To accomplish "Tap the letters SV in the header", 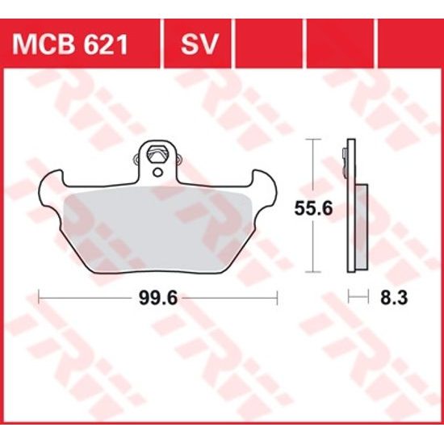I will click(x=197, y=43).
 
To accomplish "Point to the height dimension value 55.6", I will click(x=312, y=208).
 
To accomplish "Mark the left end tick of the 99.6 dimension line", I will click(x=40, y=297).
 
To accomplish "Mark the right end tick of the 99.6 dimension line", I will click(x=277, y=297).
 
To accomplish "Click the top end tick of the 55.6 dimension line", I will click(x=312, y=141).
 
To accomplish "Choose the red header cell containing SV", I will click(x=197, y=43).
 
